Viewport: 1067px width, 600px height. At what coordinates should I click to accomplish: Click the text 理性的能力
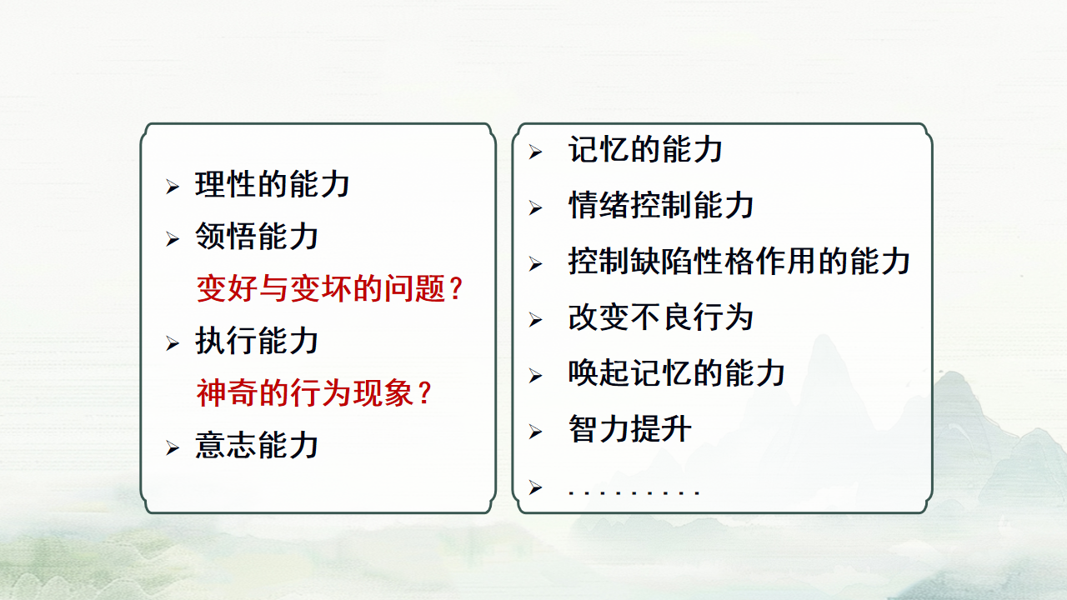coord(273,184)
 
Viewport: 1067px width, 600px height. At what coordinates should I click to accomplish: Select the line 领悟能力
coord(257,237)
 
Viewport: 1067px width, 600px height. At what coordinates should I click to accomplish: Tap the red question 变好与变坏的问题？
coord(330,289)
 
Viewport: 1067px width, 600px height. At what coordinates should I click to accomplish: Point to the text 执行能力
coord(257,341)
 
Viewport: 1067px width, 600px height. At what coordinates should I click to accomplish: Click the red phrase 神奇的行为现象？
coord(315,393)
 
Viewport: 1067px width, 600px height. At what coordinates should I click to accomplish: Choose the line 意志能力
coord(257,445)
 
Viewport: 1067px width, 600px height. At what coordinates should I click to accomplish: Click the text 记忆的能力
coord(645,150)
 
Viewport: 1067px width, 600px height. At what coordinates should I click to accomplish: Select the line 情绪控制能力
coord(661,206)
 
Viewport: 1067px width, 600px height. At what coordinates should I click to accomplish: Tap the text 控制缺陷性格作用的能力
coord(739,262)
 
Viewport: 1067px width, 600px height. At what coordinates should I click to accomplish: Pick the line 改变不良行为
coord(661,317)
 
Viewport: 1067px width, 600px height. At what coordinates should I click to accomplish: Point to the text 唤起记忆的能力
coord(677,373)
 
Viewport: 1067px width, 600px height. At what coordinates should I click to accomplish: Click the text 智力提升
coord(630,430)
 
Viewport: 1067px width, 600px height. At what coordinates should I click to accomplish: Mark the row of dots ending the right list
coord(634,492)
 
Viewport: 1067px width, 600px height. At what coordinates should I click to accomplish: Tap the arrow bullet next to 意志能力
coord(173,448)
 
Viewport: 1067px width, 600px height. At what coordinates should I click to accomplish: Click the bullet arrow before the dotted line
coord(535,487)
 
